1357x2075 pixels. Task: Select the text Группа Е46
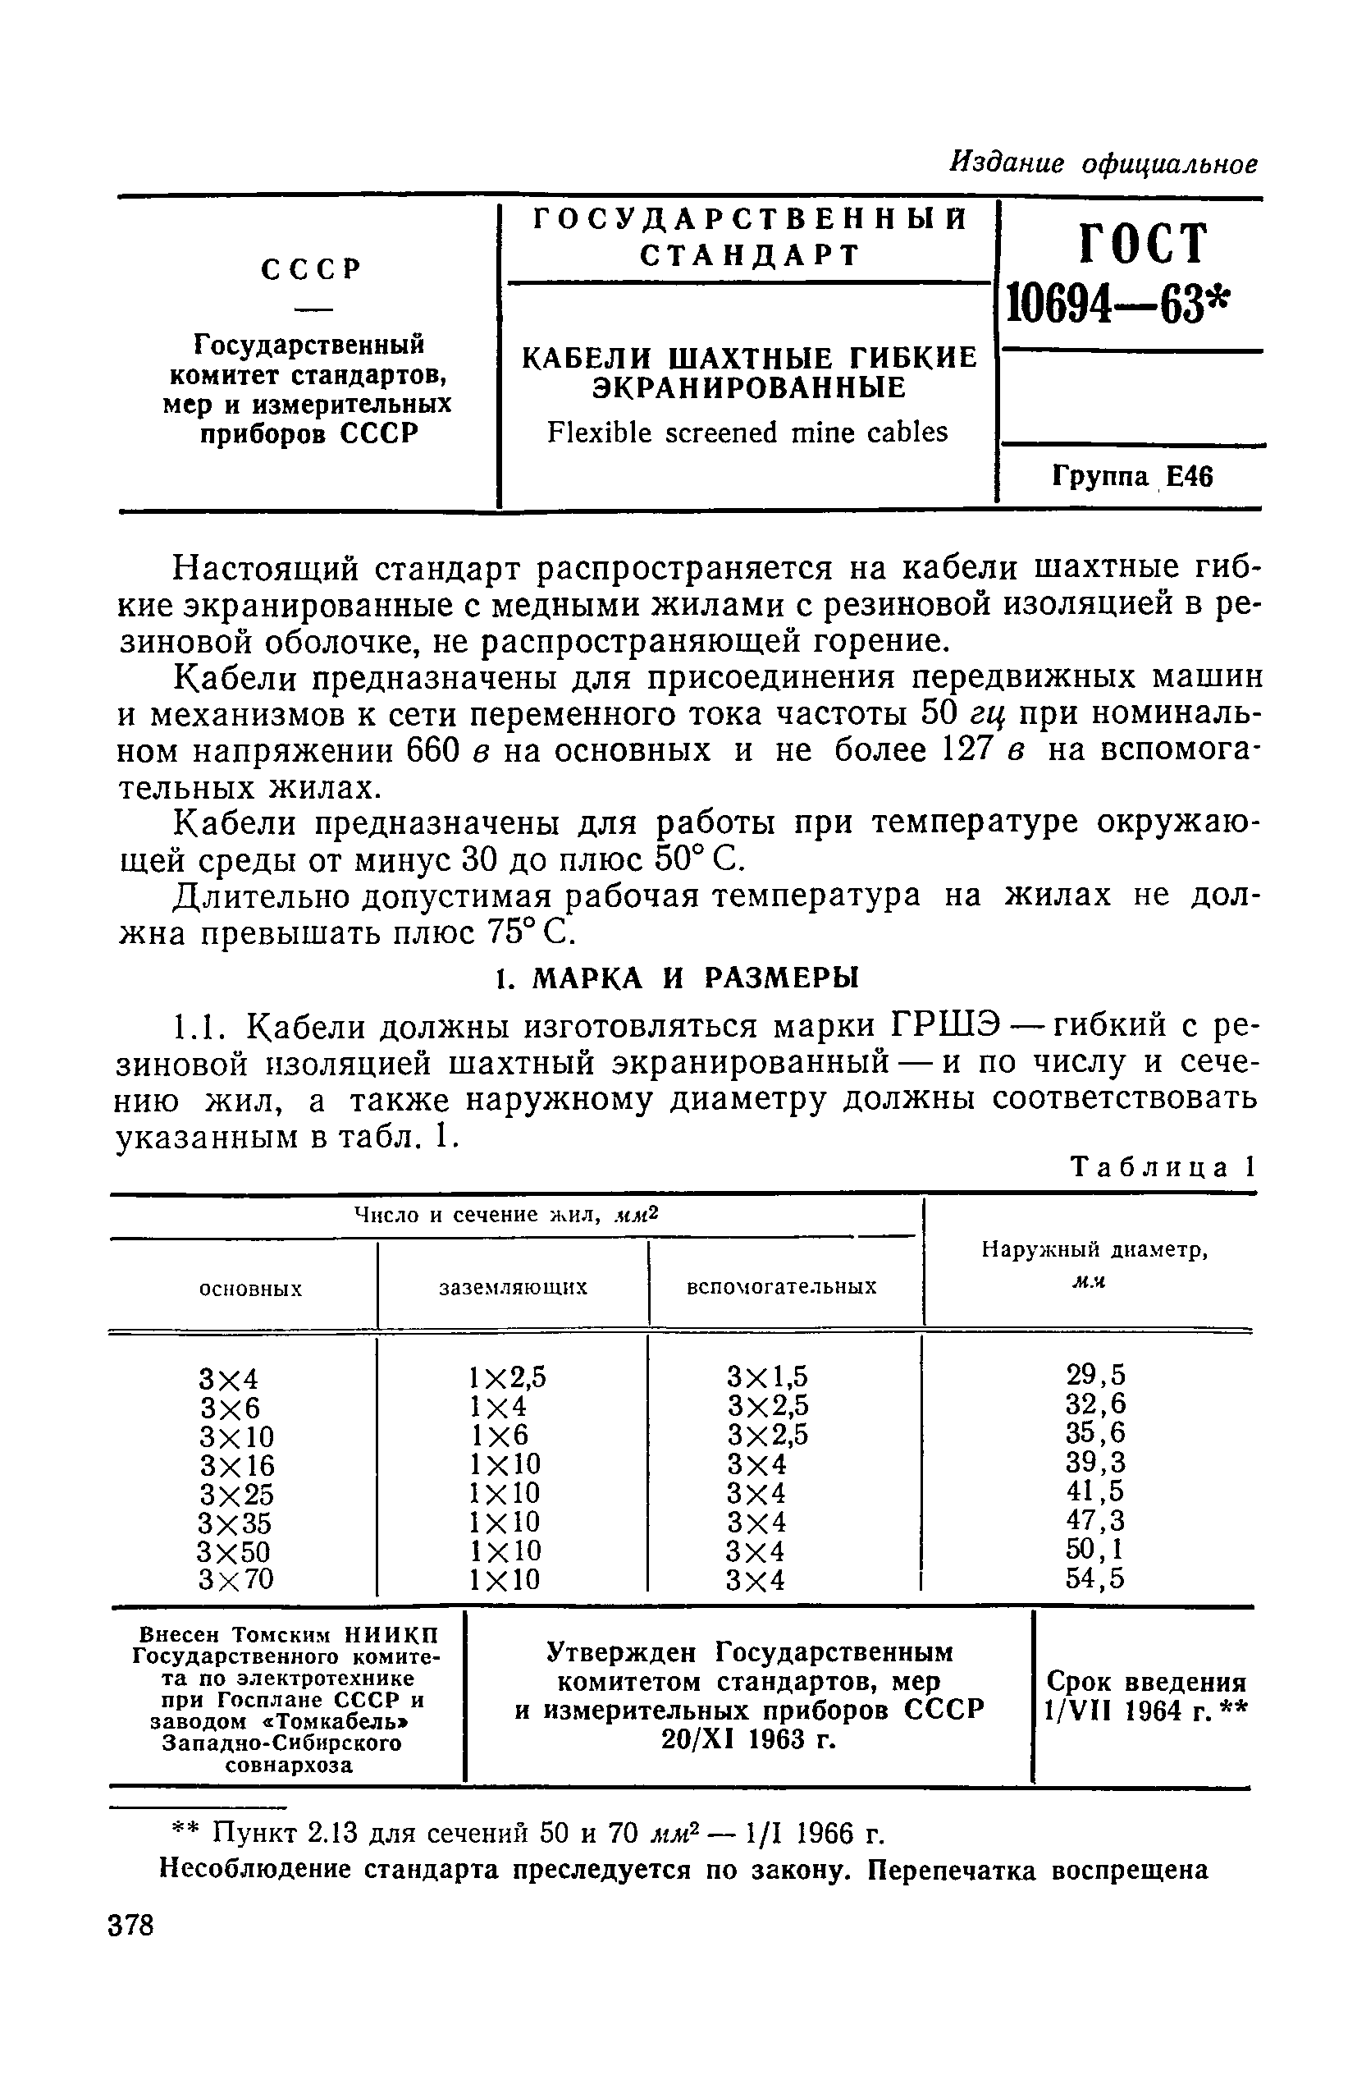(x=1132, y=477)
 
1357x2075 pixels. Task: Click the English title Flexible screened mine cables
(x=747, y=433)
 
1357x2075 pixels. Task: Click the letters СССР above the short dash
(x=310, y=269)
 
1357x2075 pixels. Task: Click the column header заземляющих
(x=513, y=1287)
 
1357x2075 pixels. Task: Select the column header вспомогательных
(x=782, y=1287)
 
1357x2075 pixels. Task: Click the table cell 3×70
(x=236, y=1579)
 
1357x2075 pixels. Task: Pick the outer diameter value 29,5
(x=1095, y=1375)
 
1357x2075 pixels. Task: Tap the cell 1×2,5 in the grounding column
(x=507, y=1376)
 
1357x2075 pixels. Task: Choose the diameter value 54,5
(x=1095, y=1579)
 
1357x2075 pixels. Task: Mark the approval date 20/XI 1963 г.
(x=749, y=1740)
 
